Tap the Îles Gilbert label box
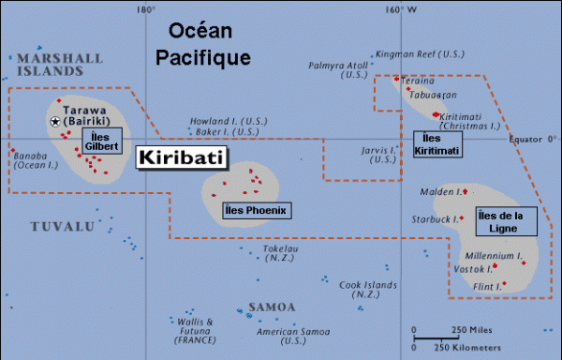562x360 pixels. click(100, 142)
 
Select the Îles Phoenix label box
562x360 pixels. click(255, 210)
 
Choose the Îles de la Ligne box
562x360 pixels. click(506, 221)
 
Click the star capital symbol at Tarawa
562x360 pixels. click(55, 121)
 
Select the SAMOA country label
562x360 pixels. click(273, 307)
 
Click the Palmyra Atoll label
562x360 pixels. click(336, 66)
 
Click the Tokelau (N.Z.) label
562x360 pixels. click(279, 254)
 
